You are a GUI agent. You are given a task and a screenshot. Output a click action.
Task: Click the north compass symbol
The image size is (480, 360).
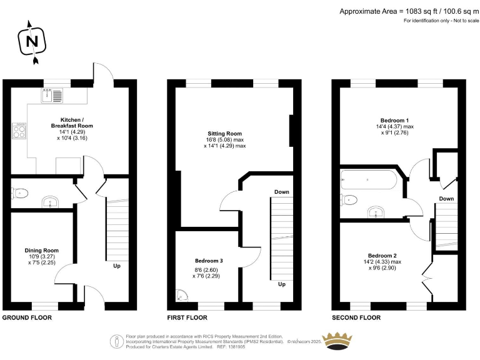pos(33,42)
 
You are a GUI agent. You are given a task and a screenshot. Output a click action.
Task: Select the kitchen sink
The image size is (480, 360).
pos(51,95)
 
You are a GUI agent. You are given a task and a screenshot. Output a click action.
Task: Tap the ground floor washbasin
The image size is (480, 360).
pos(49,202)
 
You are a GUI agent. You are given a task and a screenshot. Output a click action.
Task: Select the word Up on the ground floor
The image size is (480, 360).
pos(116,265)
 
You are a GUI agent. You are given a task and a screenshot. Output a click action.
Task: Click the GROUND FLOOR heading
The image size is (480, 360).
pos(27,317)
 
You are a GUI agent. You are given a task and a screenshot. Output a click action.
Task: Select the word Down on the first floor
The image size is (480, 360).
pos(281,192)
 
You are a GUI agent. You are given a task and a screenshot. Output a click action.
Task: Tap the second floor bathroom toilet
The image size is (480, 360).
pos(348,199)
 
